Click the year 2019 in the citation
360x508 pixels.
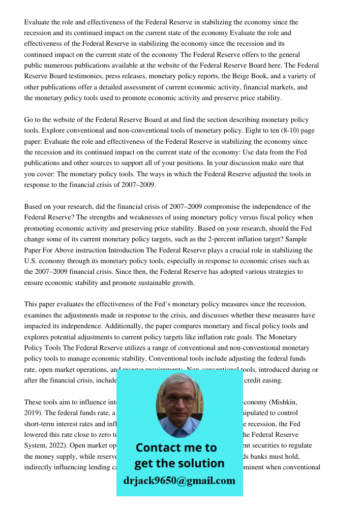pos(33,413)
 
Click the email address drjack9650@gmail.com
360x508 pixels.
pos(179,481)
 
